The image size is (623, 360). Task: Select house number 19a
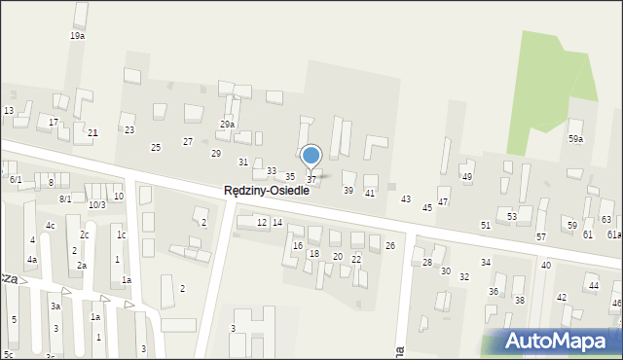pos(77,36)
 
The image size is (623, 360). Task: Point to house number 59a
pos(576,139)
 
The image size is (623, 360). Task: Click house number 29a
pos(227,125)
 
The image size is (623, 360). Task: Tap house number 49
pos(467,177)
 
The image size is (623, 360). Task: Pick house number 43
pos(406,198)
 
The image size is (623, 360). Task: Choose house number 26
pos(390,246)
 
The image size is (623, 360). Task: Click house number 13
pos(8,111)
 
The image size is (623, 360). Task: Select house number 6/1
pos(16,180)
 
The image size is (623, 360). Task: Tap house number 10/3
pos(96,205)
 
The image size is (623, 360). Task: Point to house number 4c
pos(50,226)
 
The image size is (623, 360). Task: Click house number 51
pos(486,226)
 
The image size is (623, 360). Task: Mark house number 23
pos(129,130)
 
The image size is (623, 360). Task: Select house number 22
pos(356,259)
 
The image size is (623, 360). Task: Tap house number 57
pos(541,237)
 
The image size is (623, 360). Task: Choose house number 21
pos(92,132)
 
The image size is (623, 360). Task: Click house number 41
pos(370,194)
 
